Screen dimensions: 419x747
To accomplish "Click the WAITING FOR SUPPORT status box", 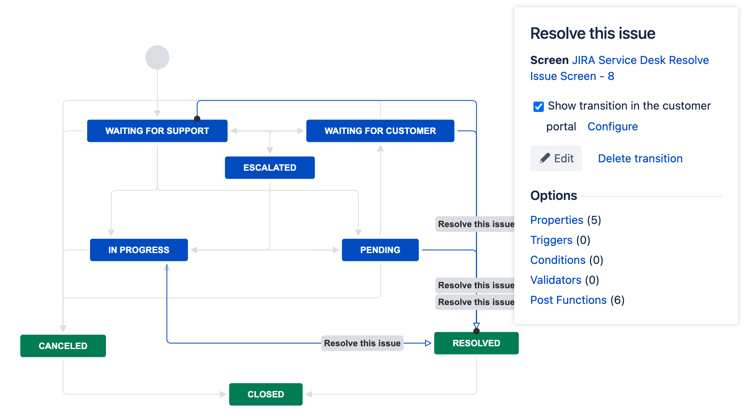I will tap(157, 131).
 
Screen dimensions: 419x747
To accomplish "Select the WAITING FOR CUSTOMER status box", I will tap(380, 131).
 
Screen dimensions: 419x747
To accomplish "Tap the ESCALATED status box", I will tap(270, 168).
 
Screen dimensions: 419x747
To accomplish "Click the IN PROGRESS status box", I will tap(139, 250).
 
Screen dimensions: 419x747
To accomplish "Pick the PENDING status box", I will tap(380, 250).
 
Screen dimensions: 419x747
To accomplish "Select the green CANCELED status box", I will tap(63, 346).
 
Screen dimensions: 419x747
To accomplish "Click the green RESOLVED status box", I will tap(476, 343).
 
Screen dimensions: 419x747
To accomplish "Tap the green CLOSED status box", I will tap(266, 394).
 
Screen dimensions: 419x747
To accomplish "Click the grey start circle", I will tap(157, 57).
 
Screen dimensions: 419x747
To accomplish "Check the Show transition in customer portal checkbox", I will tap(539, 106).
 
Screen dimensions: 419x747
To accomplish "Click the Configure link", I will tap(612, 126).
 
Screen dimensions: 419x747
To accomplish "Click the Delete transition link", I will tap(640, 158).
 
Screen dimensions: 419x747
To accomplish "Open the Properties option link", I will tap(556, 220).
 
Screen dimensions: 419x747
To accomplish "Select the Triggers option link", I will tap(551, 240).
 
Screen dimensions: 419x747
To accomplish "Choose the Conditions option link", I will tap(557, 260).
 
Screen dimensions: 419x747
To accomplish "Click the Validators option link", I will tap(555, 280).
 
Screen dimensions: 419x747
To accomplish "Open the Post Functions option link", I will tap(568, 300).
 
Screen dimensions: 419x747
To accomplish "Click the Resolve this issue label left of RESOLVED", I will tap(362, 343).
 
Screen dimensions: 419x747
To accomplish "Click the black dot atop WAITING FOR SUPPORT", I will tap(197, 119).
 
